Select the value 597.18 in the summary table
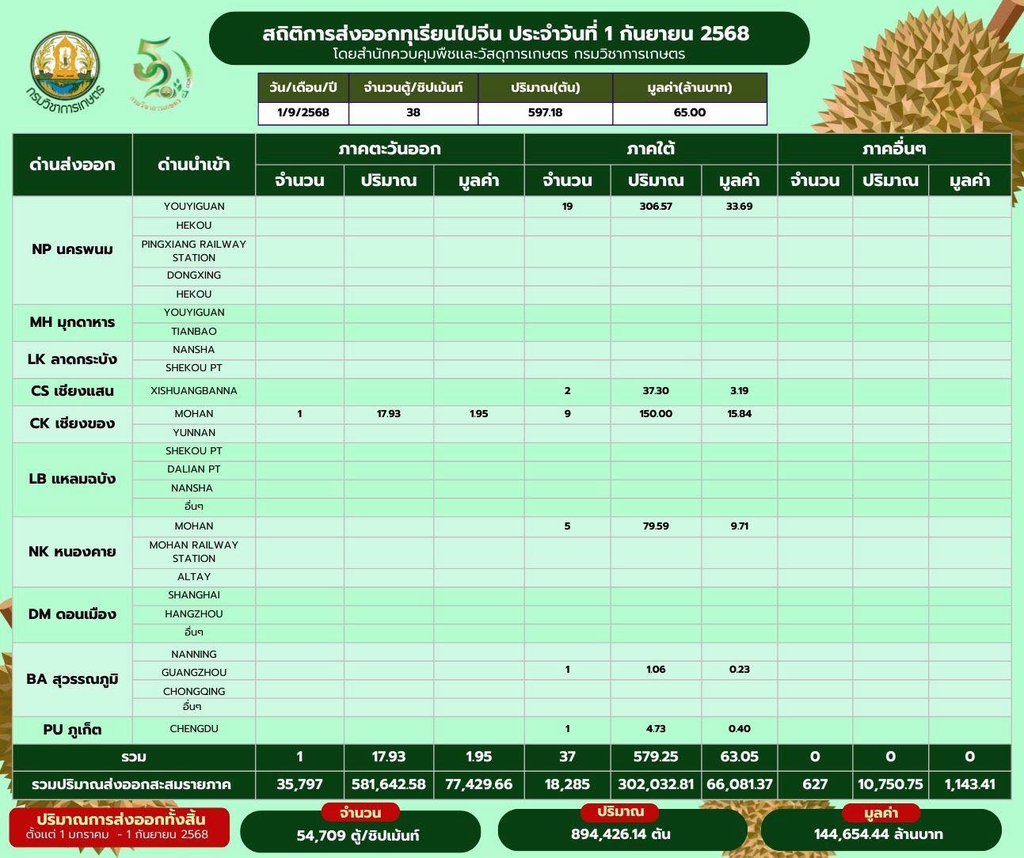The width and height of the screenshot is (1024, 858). (x=545, y=112)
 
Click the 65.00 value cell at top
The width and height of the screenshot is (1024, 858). (x=689, y=112)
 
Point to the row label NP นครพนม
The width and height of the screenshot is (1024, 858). (x=72, y=249)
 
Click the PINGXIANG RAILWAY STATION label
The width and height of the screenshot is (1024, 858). (x=194, y=251)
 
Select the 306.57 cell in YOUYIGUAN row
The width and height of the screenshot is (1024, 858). (x=655, y=207)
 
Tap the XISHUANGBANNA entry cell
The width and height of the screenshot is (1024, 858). (x=194, y=391)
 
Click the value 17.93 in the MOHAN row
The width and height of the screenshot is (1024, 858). (x=389, y=414)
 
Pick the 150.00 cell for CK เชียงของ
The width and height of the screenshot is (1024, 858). (x=655, y=414)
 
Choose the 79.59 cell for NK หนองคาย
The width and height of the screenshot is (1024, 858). (x=655, y=526)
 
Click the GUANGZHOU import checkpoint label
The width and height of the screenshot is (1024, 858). (x=194, y=672)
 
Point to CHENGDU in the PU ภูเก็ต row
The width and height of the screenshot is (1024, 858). (x=194, y=729)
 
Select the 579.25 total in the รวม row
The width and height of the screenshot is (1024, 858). (x=655, y=757)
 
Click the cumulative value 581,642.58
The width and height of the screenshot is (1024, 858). (x=389, y=784)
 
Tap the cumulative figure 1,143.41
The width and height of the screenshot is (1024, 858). (x=969, y=784)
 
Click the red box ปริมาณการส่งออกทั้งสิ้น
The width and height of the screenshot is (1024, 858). (x=119, y=826)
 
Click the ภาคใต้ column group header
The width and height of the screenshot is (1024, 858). (x=650, y=149)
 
